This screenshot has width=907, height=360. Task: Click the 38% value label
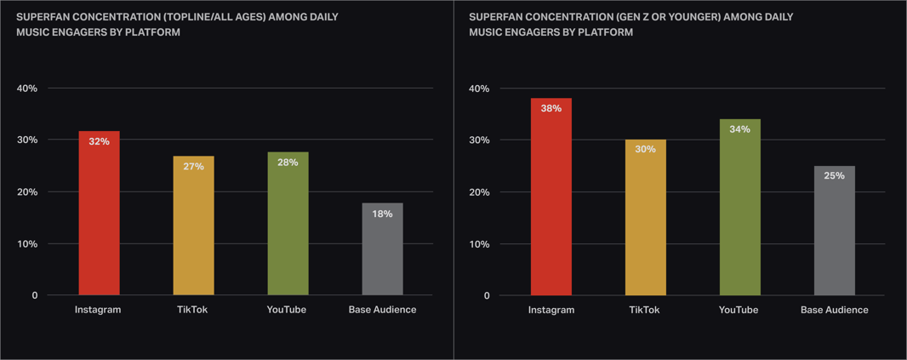click(x=550, y=109)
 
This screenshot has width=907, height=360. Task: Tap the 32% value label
click(x=99, y=142)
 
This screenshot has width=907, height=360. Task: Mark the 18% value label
click(x=382, y=214)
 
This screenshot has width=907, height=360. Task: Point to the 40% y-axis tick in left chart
click(x=27, y=89)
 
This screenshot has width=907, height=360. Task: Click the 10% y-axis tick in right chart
click(x=479, y=244)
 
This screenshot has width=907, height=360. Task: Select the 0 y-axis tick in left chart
click(x=35, y=296)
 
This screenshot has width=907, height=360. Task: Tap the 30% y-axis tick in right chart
click(x=479, y=140)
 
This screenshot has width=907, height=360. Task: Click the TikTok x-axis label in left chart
click(x=193, y=310)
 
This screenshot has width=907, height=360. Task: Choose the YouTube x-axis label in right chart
click(x=739, y=310)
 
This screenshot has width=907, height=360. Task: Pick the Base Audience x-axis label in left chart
click(x=382, y=310)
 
